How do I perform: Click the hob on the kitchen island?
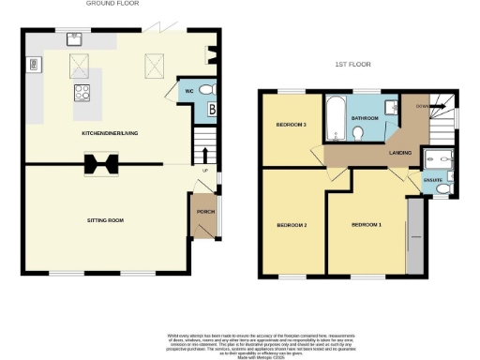[x=82, y=93]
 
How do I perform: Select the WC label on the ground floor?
[x=188, y=91]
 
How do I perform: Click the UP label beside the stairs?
[x=203, y=170]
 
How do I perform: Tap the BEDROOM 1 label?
[x=367, y=225]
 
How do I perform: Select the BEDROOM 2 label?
[x=292, y=225]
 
